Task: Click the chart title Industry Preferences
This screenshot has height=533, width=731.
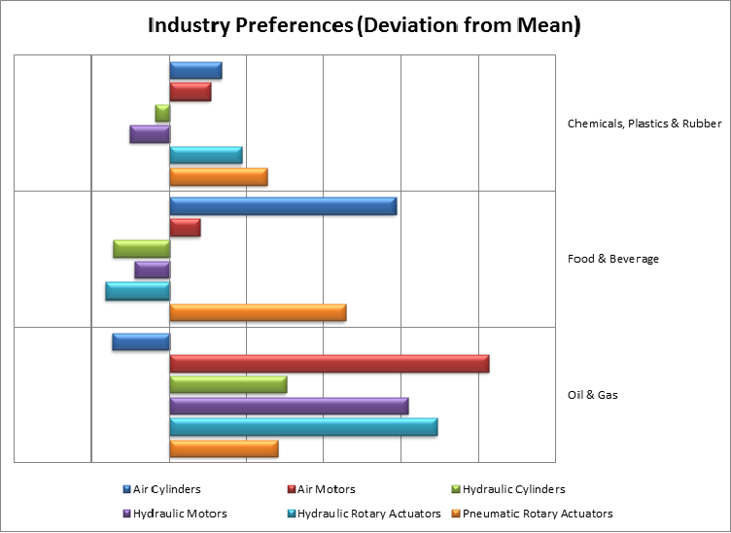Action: tap(364, 26)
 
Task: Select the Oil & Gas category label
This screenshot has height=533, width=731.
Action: tap(592, 395)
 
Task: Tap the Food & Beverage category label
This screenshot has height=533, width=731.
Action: tap(612, 259)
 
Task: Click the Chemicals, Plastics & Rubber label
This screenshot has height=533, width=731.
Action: tap(644, 124)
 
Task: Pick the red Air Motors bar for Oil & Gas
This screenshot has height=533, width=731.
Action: tap(329, 364)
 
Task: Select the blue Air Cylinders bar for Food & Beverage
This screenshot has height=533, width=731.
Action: tap(283, 206)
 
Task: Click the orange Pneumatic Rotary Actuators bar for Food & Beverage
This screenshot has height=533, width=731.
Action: tap(258, 312)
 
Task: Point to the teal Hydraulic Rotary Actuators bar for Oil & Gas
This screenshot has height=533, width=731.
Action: tap(303, 427)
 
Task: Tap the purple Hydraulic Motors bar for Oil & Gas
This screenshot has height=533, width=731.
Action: tap(289, 406)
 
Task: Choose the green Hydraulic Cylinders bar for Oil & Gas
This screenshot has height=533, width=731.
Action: tap(228, 384)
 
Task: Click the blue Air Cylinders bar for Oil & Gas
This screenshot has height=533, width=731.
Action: tap(141, 341)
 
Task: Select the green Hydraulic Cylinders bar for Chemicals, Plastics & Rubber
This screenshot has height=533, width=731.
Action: tap(162, 113)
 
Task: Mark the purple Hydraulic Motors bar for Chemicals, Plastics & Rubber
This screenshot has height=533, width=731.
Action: tap(150, 134)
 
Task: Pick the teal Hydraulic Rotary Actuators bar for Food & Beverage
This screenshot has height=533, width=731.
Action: tap(137, 291)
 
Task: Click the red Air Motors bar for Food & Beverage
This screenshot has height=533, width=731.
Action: tap(185, 228)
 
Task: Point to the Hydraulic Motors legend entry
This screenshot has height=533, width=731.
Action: tap(174, 513)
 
